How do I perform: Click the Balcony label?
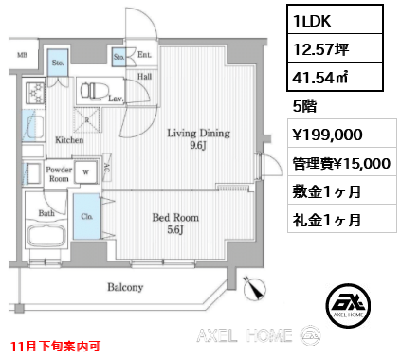tap(124, 287)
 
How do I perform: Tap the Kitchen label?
tap(69, 139)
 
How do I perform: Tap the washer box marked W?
tap(87, 173)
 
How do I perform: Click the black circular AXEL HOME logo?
tap(344, 304)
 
